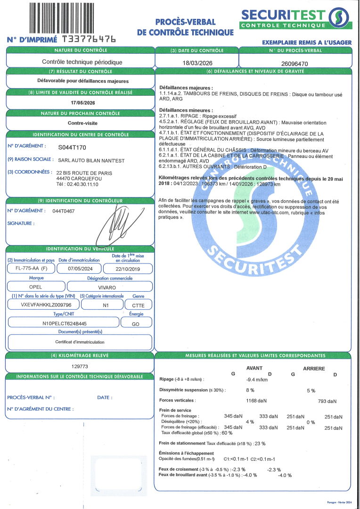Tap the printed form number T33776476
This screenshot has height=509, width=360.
click(x=89, y=39)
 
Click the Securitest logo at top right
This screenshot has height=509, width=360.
click(x=295, y=18)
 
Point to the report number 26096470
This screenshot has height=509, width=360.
click(x=295, y=63)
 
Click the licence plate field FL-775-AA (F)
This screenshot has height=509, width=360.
click(x=31, y=268)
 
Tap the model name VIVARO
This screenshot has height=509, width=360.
click(x=110, y=287)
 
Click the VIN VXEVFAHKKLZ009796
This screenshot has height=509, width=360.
click(x=43, y=305)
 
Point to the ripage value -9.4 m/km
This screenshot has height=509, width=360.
click(x=257, y=379)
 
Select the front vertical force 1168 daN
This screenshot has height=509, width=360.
click(x=256, y=401)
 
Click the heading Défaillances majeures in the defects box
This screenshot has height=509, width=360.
click(x=186, y=88)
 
